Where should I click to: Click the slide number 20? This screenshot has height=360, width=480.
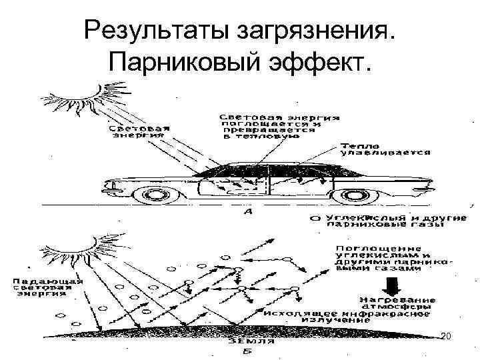point(446,338)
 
